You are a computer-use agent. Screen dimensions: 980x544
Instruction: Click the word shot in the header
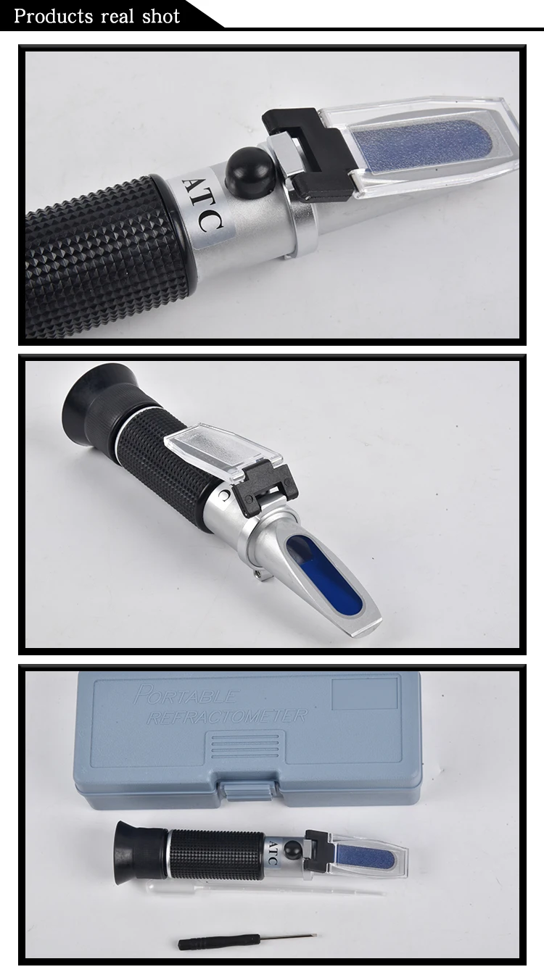(161, 16)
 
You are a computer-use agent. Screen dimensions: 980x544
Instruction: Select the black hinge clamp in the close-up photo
(313, 154)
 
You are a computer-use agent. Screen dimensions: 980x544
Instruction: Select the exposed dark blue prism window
(325, 573)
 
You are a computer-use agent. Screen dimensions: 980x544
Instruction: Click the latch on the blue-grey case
(248, 789)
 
